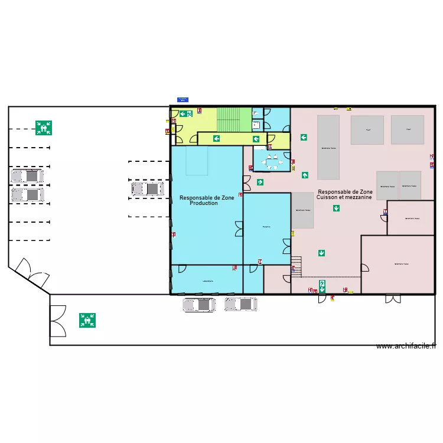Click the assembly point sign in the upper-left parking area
click(x=43, y=128)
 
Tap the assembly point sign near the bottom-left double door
click(x=87, y=320)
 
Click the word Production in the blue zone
click(x=204, y=203)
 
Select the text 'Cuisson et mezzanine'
click(x=344, y=197)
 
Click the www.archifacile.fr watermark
click(x=406, y=346)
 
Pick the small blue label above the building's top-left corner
click(x=183, y=99)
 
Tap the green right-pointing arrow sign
click(x=260, y=183)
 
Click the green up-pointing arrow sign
click(x=305, y=175)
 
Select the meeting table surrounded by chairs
click(x=272, y=161)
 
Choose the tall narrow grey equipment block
click(x=328, y=147)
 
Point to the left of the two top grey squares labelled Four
click(x=367, y=130)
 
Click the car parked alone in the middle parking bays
click(x=148, y=189)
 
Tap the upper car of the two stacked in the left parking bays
click(x=27, y=176)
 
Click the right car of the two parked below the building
click(x=240, y=304)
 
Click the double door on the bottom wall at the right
click(x=393, y=298)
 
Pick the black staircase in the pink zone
click(x=296, y=266)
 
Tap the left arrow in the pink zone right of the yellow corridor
click(x=304, y=138)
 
